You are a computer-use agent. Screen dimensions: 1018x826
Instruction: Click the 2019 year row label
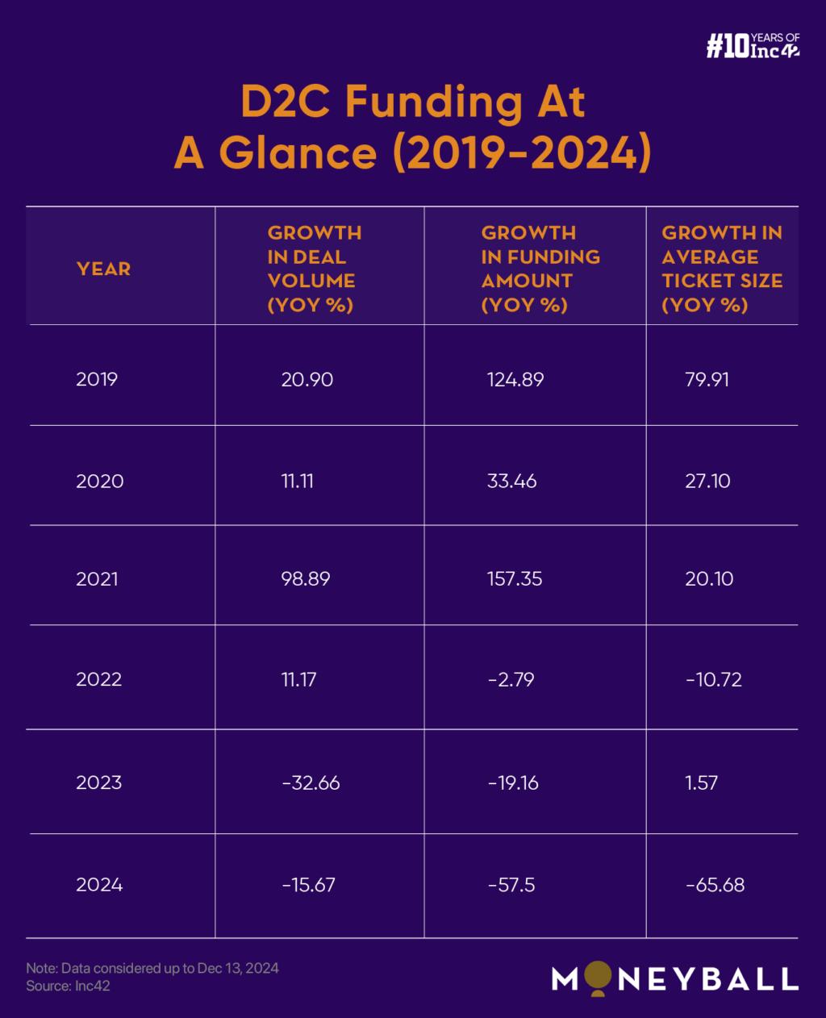(97, 379)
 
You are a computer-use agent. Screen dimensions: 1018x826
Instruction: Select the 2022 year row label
(99, 679)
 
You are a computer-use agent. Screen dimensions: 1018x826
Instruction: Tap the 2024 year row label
(99, 885)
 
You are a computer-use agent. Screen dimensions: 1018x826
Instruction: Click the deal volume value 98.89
(306, 578)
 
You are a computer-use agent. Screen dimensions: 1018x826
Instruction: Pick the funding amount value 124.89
(515, 379)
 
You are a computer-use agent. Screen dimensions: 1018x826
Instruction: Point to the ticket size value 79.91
(707, 379)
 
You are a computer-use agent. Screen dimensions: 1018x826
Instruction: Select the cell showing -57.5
(511, 885)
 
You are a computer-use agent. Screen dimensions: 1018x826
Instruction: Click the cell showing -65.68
(715, 885)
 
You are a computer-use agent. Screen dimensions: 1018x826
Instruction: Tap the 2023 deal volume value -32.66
(311, 782)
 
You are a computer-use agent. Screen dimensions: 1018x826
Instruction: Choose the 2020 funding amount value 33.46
(512, 482)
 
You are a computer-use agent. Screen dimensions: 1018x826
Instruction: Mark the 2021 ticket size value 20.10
(709, 578)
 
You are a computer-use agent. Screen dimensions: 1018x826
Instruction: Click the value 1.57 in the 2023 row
(701, 782)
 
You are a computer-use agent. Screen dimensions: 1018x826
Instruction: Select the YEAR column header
(103, 269)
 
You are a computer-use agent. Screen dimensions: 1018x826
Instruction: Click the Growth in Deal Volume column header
(315, 269)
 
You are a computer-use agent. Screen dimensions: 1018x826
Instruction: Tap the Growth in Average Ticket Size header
(722, 269)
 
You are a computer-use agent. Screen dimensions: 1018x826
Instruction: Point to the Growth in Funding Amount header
(540, 269)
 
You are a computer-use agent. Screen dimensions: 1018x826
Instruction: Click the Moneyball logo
(674, 978)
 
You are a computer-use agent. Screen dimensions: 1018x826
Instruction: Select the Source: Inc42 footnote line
(68, 986)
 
